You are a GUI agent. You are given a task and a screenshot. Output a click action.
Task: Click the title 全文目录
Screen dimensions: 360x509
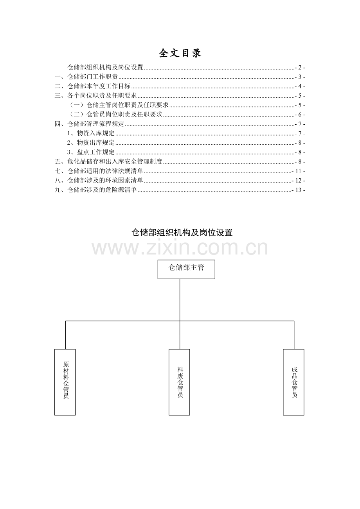[x=180, y=53]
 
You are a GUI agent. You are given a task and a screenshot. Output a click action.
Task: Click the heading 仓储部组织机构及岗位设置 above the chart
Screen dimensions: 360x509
[x=182, y=233]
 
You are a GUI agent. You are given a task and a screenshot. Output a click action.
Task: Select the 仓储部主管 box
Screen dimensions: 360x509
[x=186, y=269]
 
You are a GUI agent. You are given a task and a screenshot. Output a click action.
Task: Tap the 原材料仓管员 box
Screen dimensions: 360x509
[x=65, y=382]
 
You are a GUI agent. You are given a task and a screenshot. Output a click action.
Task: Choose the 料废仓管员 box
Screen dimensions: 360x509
[x=179, y=382]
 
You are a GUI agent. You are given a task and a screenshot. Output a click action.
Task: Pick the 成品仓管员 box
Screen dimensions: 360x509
[x=293, y=382]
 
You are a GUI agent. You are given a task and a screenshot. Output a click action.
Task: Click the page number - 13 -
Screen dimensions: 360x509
[x=299, y=190]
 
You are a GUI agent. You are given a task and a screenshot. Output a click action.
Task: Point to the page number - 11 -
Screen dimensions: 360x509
[x=299, y=171]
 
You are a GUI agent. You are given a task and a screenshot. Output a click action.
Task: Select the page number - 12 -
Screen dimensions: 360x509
[x=299, y=181]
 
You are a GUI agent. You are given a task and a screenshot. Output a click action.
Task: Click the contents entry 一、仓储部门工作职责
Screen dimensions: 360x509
[x=86, y=77]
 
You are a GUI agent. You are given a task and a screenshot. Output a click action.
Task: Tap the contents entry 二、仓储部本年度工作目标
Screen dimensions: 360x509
[x=93, y=86]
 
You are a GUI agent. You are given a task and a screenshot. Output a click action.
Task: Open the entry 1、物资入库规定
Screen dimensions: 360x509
[x=91, y=133]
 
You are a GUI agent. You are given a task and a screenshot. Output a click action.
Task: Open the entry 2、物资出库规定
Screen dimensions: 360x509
[x=91, y=143]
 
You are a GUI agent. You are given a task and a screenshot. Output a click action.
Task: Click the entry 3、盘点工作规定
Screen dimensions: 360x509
[x=91, y=152]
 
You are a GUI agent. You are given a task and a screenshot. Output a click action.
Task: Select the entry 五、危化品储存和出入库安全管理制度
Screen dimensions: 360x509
[x=108, y=161]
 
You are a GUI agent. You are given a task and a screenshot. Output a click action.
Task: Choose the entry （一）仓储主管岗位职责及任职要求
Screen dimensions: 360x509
[x=118, y=105]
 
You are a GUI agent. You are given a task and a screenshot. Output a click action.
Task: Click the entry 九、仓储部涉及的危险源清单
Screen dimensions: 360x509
[x=96, y=190]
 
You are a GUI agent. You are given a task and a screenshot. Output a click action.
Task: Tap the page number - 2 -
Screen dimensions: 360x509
[x=300, y=68]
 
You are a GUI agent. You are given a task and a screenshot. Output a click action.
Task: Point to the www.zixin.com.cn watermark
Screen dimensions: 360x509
[x=180, y=248]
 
